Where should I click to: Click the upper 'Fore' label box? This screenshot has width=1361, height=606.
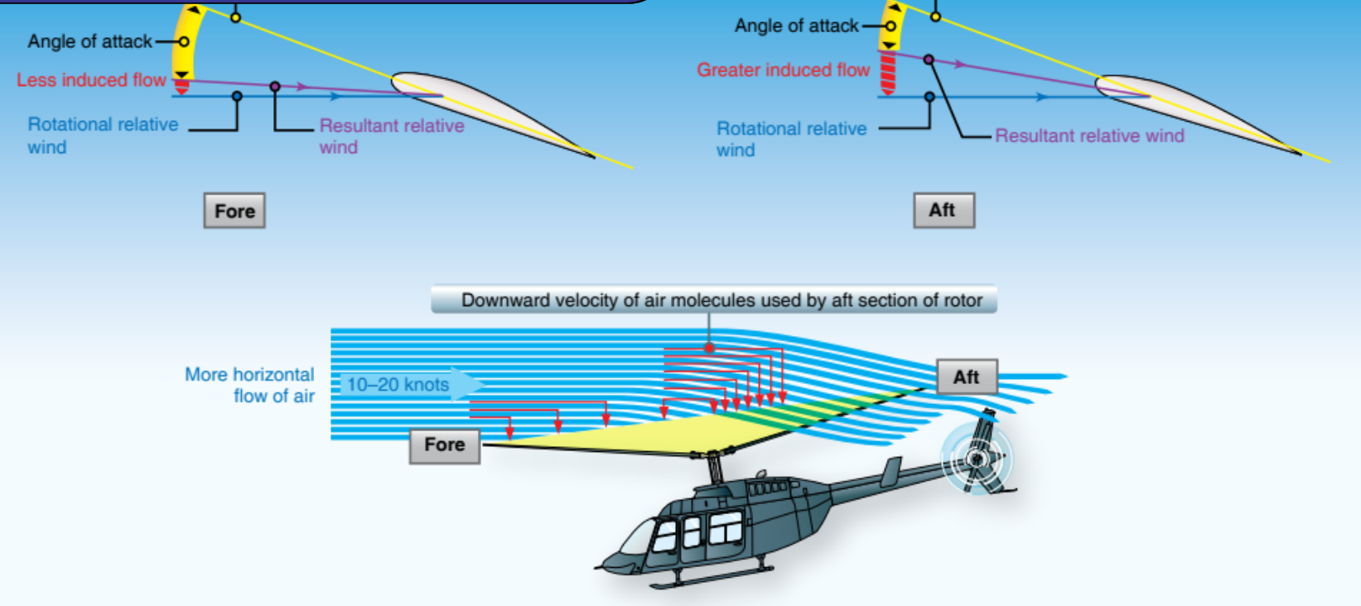(234, 211)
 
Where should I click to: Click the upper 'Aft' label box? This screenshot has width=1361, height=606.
(944, 210)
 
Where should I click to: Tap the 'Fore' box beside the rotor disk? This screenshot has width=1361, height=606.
(445, 445)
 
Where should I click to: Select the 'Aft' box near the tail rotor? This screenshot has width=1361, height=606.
(967, 378)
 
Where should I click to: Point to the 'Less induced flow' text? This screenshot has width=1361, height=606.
(91, 80)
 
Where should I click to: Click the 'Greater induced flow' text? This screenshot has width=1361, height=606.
(783, 70)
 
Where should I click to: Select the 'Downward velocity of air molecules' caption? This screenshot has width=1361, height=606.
(713, 300)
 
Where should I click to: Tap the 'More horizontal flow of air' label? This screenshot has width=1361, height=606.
(249, 385)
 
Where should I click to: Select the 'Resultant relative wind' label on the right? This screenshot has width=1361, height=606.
(1089, 136)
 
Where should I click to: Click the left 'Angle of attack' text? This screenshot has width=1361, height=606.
(89, 41)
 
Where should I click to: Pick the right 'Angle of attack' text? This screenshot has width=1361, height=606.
(796, 26)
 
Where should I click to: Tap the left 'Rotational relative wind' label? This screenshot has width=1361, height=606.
(102, 136)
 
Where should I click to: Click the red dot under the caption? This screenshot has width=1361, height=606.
(709, 348)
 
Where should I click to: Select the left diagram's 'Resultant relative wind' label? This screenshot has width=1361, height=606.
(391, 137)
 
